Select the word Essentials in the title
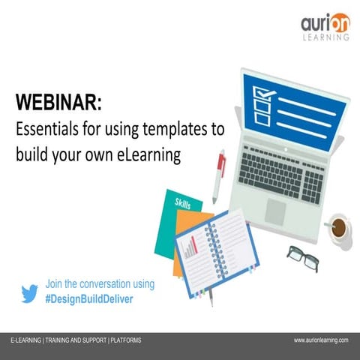[46, 129]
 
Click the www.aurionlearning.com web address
[321, 340]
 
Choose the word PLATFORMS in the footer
[126, 340]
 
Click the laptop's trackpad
[277, 210]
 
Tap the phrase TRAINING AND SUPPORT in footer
[76, 340]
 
